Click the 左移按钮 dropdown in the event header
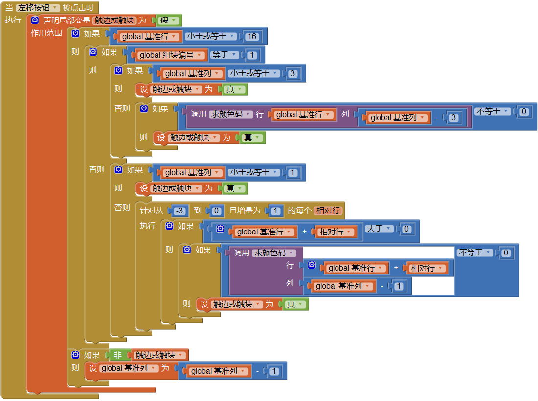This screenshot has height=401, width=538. pyautogui.click(x=38, y=8)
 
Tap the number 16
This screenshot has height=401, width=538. pyautogui.click(x=252, y=37)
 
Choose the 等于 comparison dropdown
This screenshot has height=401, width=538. pyautogui.click(x=225, y=55)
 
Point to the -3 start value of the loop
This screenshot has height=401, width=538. pyautogui.click(x=179, y=211)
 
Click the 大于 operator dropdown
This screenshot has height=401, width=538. pyautogui.click(x=379, y=229)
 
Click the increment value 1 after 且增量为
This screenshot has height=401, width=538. pyautogui.click(x=275, y=211)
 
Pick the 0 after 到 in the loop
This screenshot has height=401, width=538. pyautogui.click(x=215, y=211)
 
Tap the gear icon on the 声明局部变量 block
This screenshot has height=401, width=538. pyautogui.click(x=35, y=20)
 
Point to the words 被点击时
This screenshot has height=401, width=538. pyautogui.click(x=78, y=8)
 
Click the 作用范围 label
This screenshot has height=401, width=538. pyautogui.click(x=46, y=33)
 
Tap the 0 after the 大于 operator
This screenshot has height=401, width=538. pyautogui.click(x=406, y=229)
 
